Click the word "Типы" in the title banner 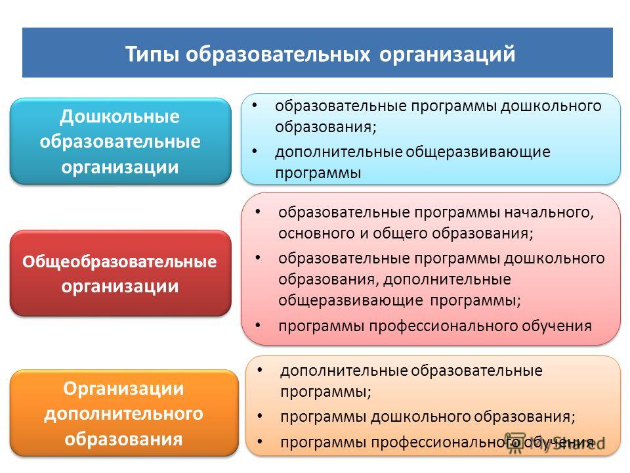click(x=152, y=55)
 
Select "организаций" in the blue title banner click(x=447, y=55)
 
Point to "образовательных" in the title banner click(x=278, y=55)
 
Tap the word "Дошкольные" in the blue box click(x=119, y=117)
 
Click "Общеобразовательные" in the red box click(x=119, y=261)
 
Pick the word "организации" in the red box click(x=119, y=286)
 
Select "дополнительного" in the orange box click(x=124, y=413)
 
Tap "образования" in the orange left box click(x=124, y=439)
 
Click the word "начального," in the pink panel click(x=549, y=212)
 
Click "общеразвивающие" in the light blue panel click(x=478, y=152)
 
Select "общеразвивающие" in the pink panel click(x=350, y=300)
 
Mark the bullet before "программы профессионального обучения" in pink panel click(x=258, y=325)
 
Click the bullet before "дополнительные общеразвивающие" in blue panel click(x=255, y=151)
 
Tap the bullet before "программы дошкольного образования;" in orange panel click(x=260, y=416)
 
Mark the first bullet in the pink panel click(x=258, y=212)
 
